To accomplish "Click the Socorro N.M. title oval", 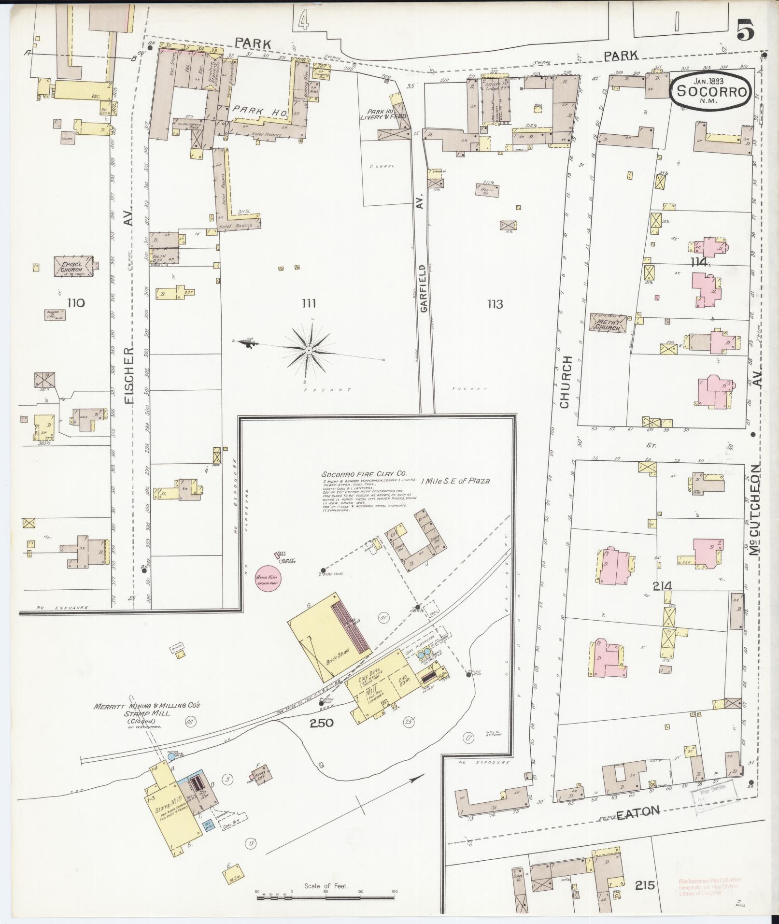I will point(710,90).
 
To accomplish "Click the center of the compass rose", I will point(308,349).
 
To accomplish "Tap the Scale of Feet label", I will point(326,886).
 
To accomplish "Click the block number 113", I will point(495,304).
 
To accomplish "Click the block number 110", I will point(76,303).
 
